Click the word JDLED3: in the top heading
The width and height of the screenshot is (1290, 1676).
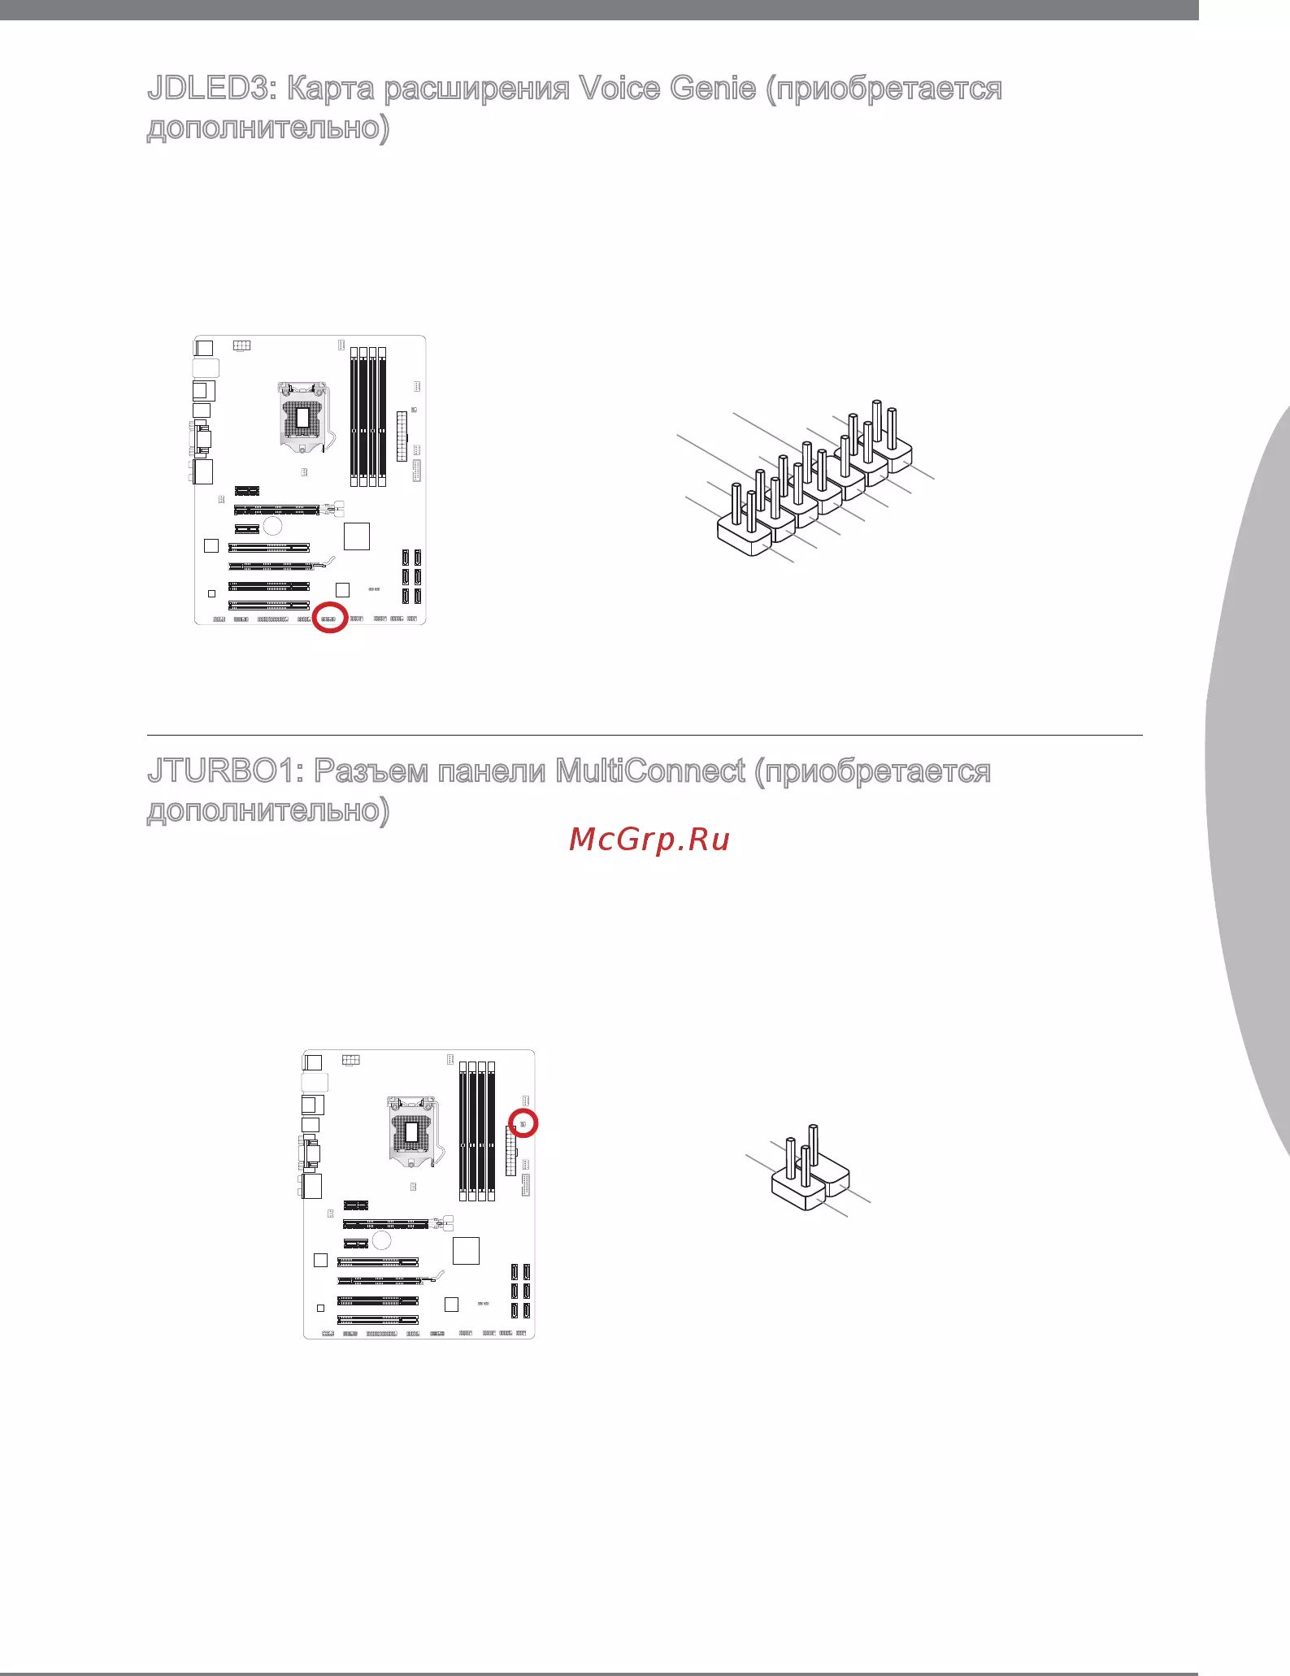[x=212, y=89]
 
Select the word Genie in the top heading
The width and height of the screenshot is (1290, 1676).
[x=713, y=89]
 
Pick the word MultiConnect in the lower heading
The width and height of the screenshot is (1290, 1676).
[x=650, y=771]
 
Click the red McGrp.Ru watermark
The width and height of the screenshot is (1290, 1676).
[x=649, y=840]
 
